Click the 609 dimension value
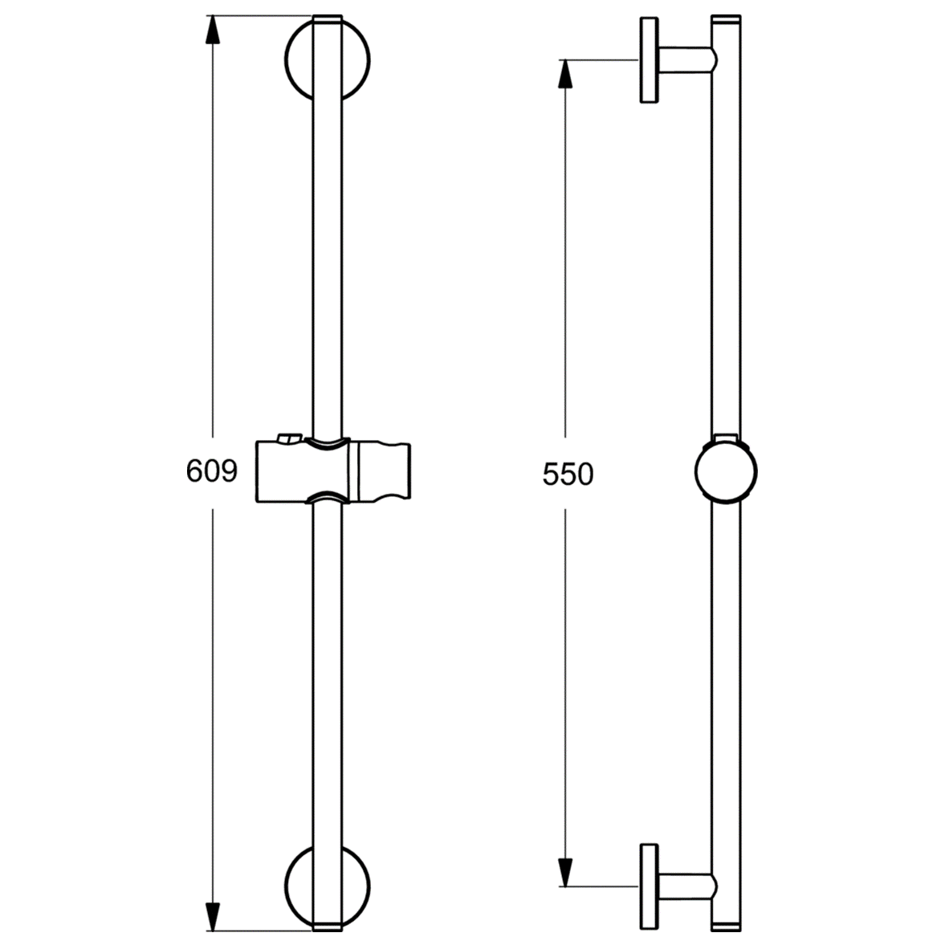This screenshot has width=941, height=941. [212, 471]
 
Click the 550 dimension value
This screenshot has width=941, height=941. [568, 475]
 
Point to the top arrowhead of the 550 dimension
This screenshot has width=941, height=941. [565, 75]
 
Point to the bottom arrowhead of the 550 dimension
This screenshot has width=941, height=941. [565, 870]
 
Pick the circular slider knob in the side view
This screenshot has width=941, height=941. [726, 473]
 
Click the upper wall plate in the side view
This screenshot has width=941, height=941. [649, 60]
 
